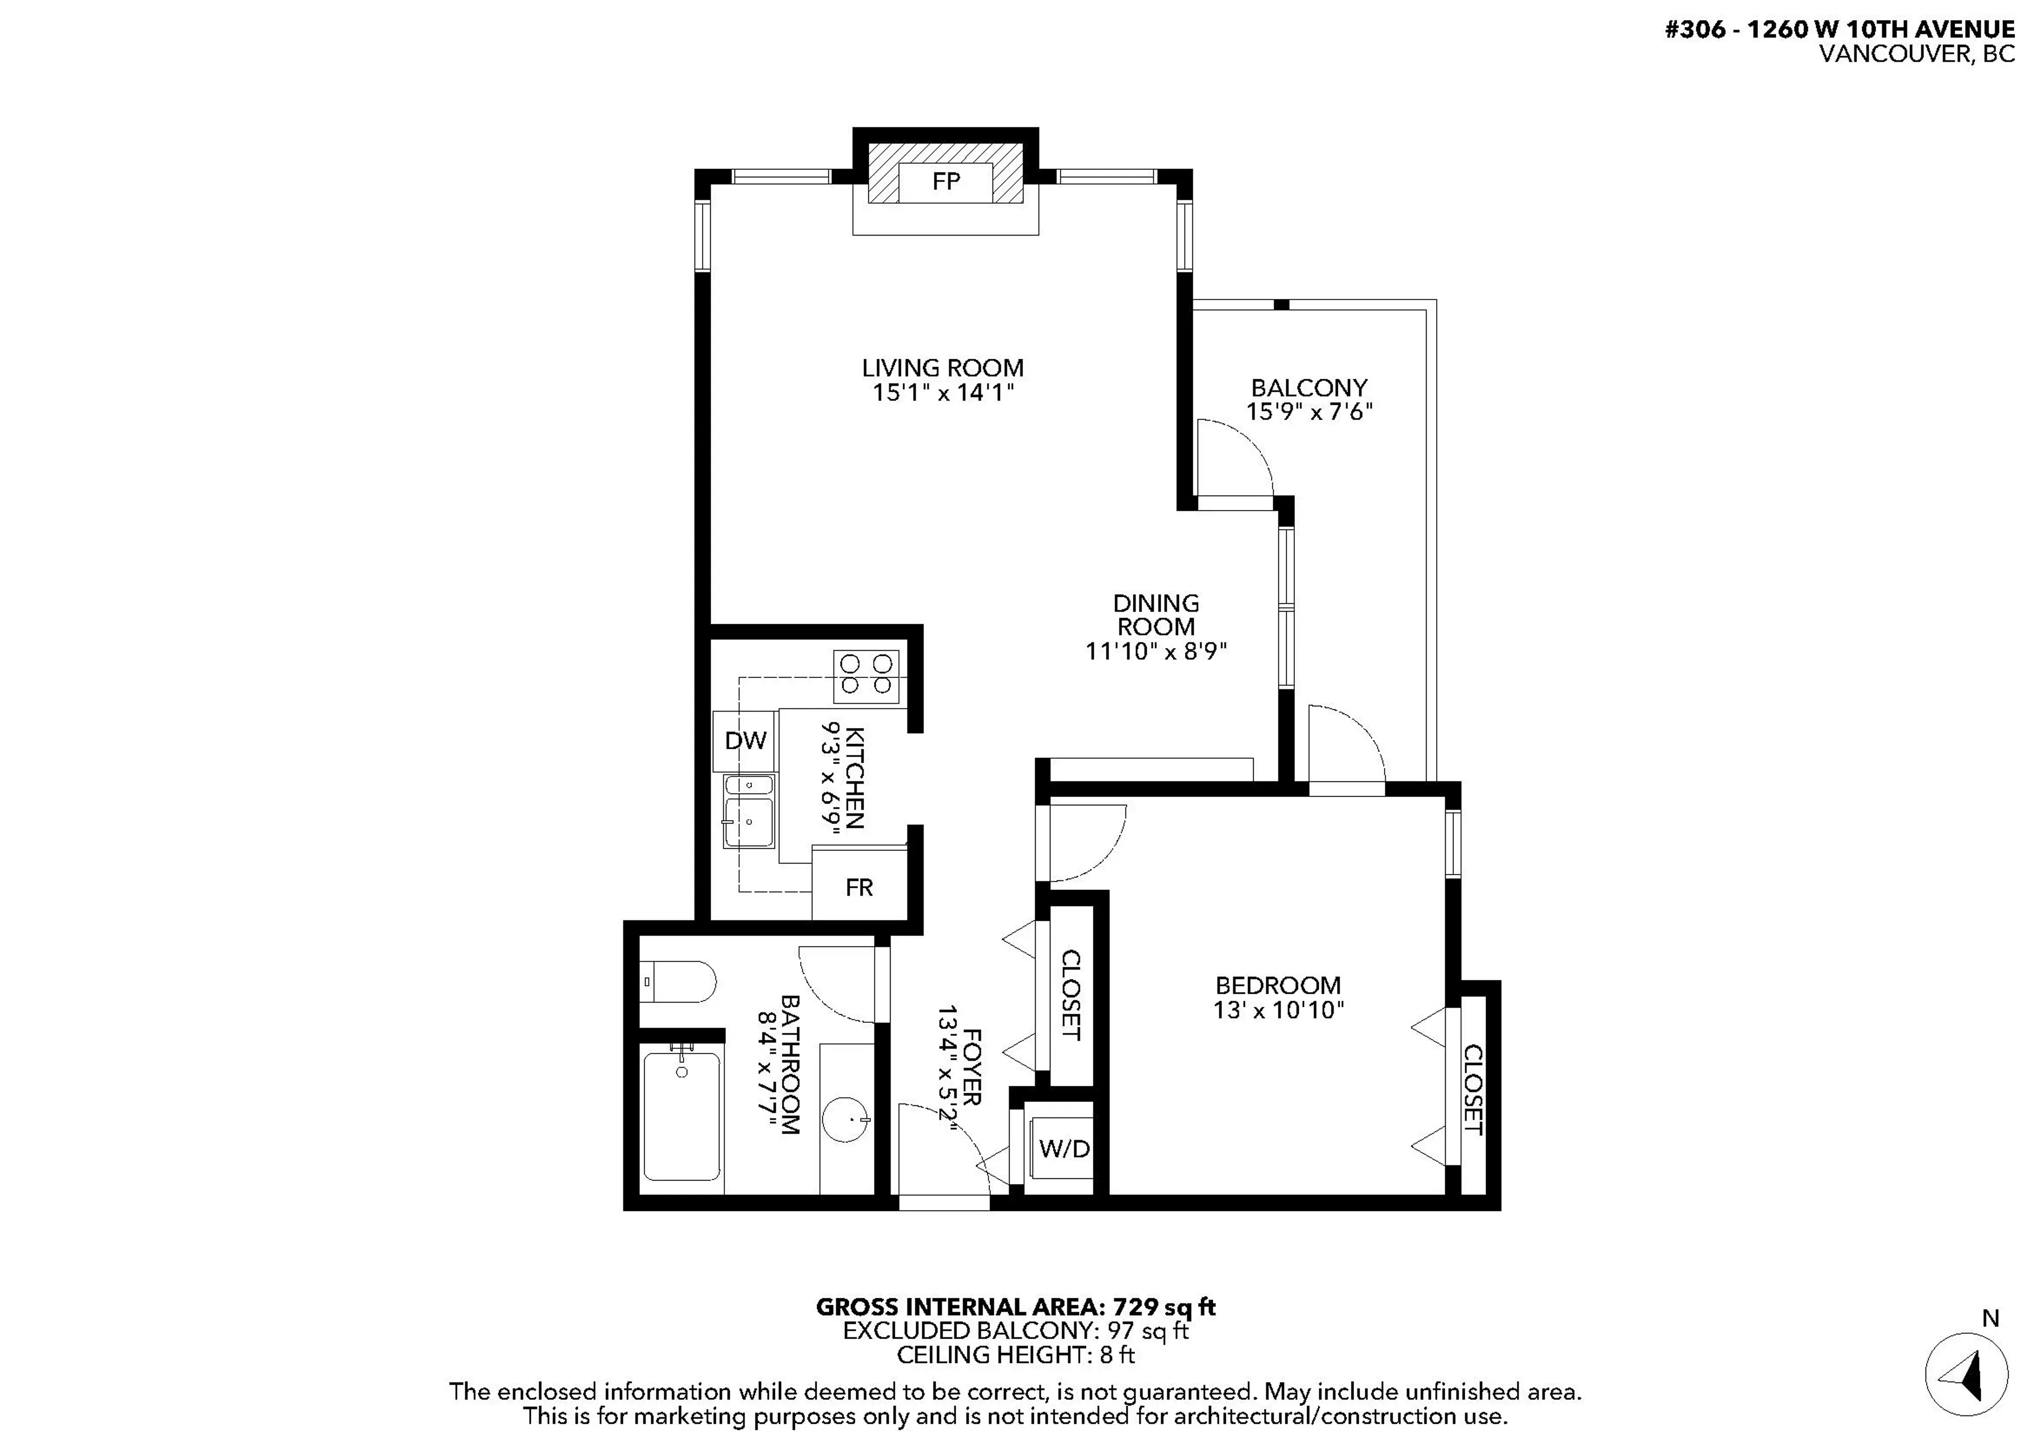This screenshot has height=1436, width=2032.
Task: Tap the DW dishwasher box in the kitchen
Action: point(745,741)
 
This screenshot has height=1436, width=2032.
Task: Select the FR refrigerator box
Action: point(859,887)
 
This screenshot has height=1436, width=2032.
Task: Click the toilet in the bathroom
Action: point(679,982)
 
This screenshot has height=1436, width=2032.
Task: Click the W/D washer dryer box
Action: point(1064,1149)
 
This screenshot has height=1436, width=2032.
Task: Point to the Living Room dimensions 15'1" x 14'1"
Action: point(942,392)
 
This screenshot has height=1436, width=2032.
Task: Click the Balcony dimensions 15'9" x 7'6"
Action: point(1309,412)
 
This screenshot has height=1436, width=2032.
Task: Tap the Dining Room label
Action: point(1156,615)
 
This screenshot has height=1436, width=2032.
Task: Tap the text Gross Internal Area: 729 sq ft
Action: point(1015,1307)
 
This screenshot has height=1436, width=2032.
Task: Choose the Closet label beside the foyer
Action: point(1070,995)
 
